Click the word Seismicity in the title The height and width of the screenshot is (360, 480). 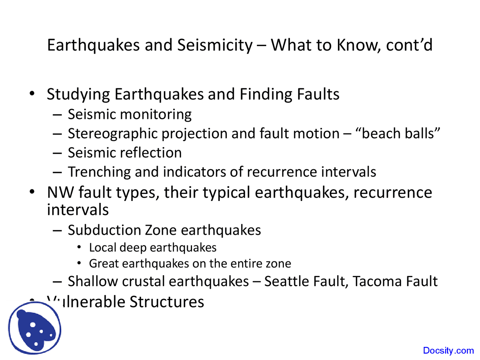(x=215, y=45)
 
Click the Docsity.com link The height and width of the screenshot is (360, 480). (x=448, y=351)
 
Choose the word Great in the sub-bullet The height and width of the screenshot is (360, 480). (x=104, y=264)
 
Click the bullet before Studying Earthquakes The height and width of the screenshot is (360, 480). (x=33, y=94)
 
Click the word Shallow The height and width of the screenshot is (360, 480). (x=93, y=282)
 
